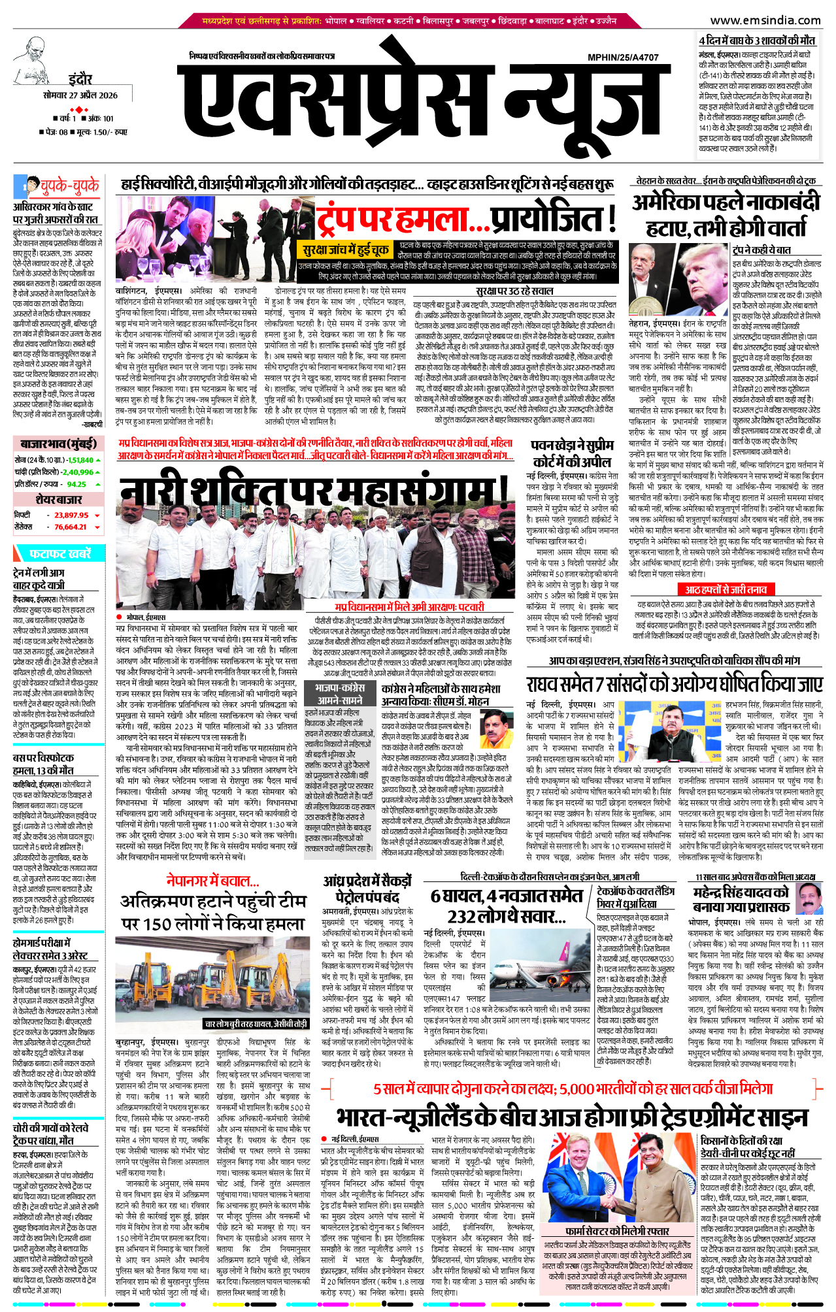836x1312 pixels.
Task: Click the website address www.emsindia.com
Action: pos(765,20)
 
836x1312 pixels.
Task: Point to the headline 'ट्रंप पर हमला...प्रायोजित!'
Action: pos(467,221)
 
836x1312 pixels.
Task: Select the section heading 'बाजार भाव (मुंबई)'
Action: pos(58,444)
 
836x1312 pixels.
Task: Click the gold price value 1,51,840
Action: pos(81,460)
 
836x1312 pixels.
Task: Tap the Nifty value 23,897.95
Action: pos(71,515)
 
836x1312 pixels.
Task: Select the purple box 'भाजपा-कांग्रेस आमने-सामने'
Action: pos(340,694)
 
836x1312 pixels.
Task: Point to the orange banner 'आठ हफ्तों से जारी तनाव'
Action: pos(726,589)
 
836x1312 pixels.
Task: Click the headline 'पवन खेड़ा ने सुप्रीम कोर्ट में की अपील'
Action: pos(572,453)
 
